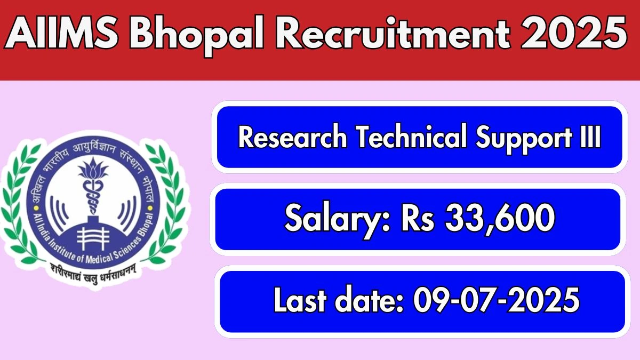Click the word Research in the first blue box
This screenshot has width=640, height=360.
(x=293, y=138)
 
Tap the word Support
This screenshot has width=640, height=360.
(x=524, y=139)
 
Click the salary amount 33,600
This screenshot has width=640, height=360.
(x=500, y=219)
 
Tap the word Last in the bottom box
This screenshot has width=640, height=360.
(x=300, y=300)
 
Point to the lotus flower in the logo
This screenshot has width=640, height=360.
(x=93, y=169)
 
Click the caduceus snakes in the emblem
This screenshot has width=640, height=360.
(x=93, y=197)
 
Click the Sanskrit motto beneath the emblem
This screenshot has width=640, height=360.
(x=92, y=274)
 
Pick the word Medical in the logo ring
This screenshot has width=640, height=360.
(x=99, y=258)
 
